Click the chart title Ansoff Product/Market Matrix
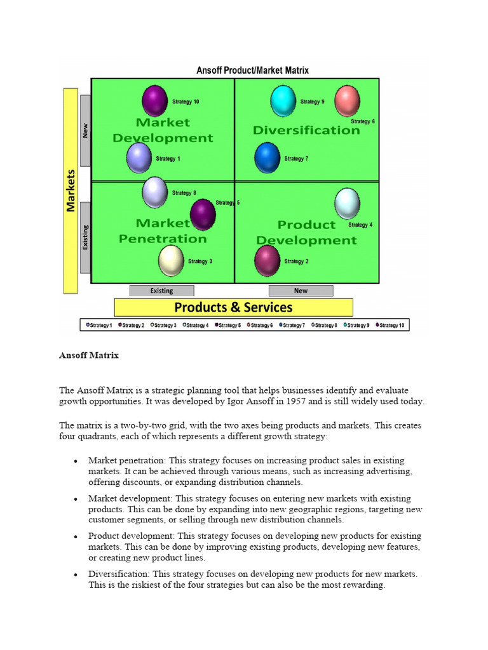point(252,70)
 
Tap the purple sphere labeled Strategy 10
point(154,101)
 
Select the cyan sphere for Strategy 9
point(283,101)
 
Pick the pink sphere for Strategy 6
point(347,100)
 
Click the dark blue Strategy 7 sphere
point(268,158)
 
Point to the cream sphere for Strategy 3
point(171,260)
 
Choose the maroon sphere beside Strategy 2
point(268,260)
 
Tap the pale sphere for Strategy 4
point(347,203)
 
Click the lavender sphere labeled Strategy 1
point(139,158)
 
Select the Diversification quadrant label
point(306,130)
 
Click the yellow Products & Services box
point(233,307)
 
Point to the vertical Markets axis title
point(71,190)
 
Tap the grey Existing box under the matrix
point(161,291)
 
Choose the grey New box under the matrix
point(301,291)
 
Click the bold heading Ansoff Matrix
point(89,355)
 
